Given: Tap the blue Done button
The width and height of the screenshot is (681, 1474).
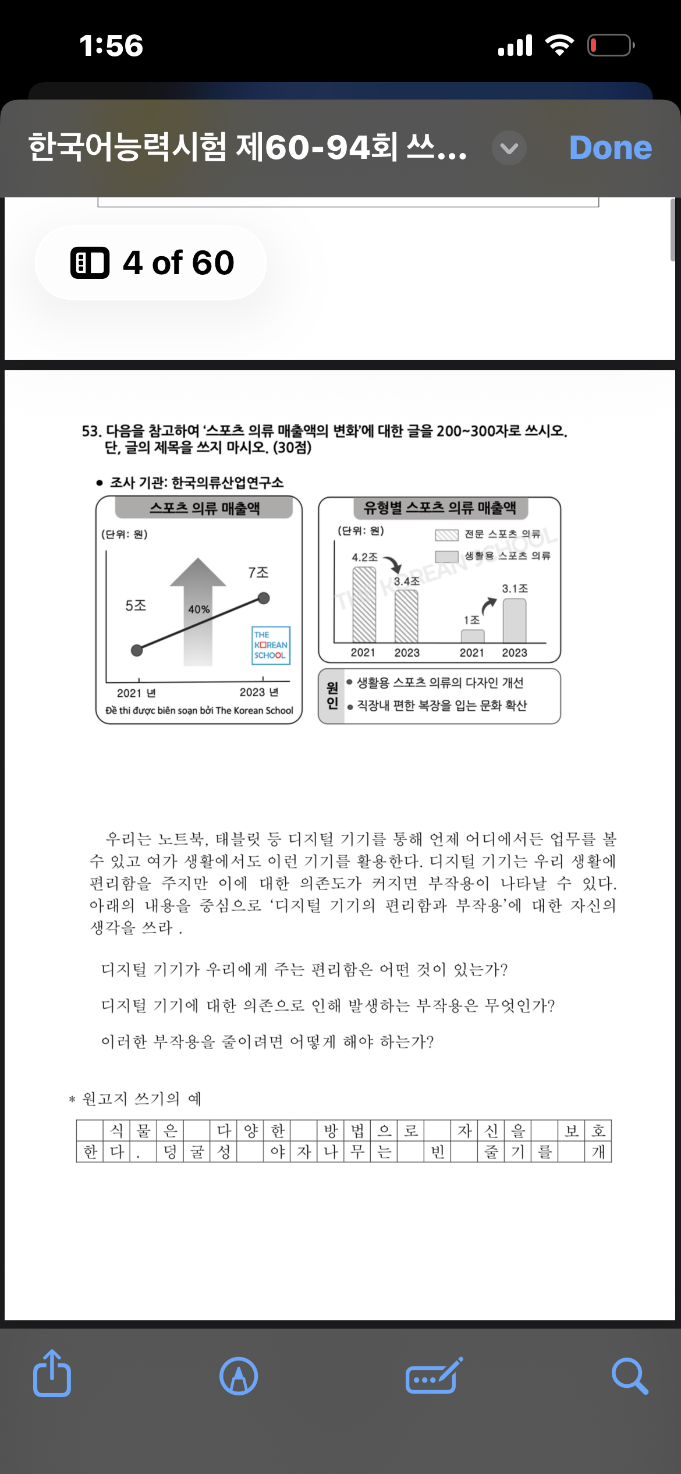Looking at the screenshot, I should [610, 148].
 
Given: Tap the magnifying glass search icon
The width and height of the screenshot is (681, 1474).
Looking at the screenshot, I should [630, 1376].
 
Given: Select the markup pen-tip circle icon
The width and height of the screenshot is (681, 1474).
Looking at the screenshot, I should [239, 1376].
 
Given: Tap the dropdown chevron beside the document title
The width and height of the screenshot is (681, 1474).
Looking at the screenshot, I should [509, 148].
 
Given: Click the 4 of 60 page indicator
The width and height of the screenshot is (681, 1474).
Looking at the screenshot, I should [151, 263].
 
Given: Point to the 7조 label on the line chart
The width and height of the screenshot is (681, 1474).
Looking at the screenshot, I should [258, 573].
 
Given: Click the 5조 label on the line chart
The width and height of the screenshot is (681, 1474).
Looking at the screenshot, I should [136, 605].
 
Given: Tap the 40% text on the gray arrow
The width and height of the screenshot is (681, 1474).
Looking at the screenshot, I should [199, 610].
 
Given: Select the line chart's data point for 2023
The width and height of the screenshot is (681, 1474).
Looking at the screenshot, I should [264, 598].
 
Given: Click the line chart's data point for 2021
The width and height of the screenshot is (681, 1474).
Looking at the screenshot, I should [137, 650].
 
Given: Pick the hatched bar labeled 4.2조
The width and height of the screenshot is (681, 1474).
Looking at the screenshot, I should [364, 604].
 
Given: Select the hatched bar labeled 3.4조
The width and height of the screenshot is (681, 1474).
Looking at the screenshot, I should [406, 616].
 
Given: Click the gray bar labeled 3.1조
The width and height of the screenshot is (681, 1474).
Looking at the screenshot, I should [515, 621].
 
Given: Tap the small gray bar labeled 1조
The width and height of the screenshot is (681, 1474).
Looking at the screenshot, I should [473, 636].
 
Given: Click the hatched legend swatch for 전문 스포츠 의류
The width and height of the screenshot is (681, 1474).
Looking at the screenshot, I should [446, 535].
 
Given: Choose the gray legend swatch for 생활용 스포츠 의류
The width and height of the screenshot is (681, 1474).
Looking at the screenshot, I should [446, 557].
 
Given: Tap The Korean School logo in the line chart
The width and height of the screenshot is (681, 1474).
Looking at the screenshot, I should [271, 645].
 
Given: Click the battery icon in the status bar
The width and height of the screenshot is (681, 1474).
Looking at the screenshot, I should [610, 45].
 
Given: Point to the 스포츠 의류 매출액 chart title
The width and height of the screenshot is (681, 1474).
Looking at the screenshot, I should [204, 508].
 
